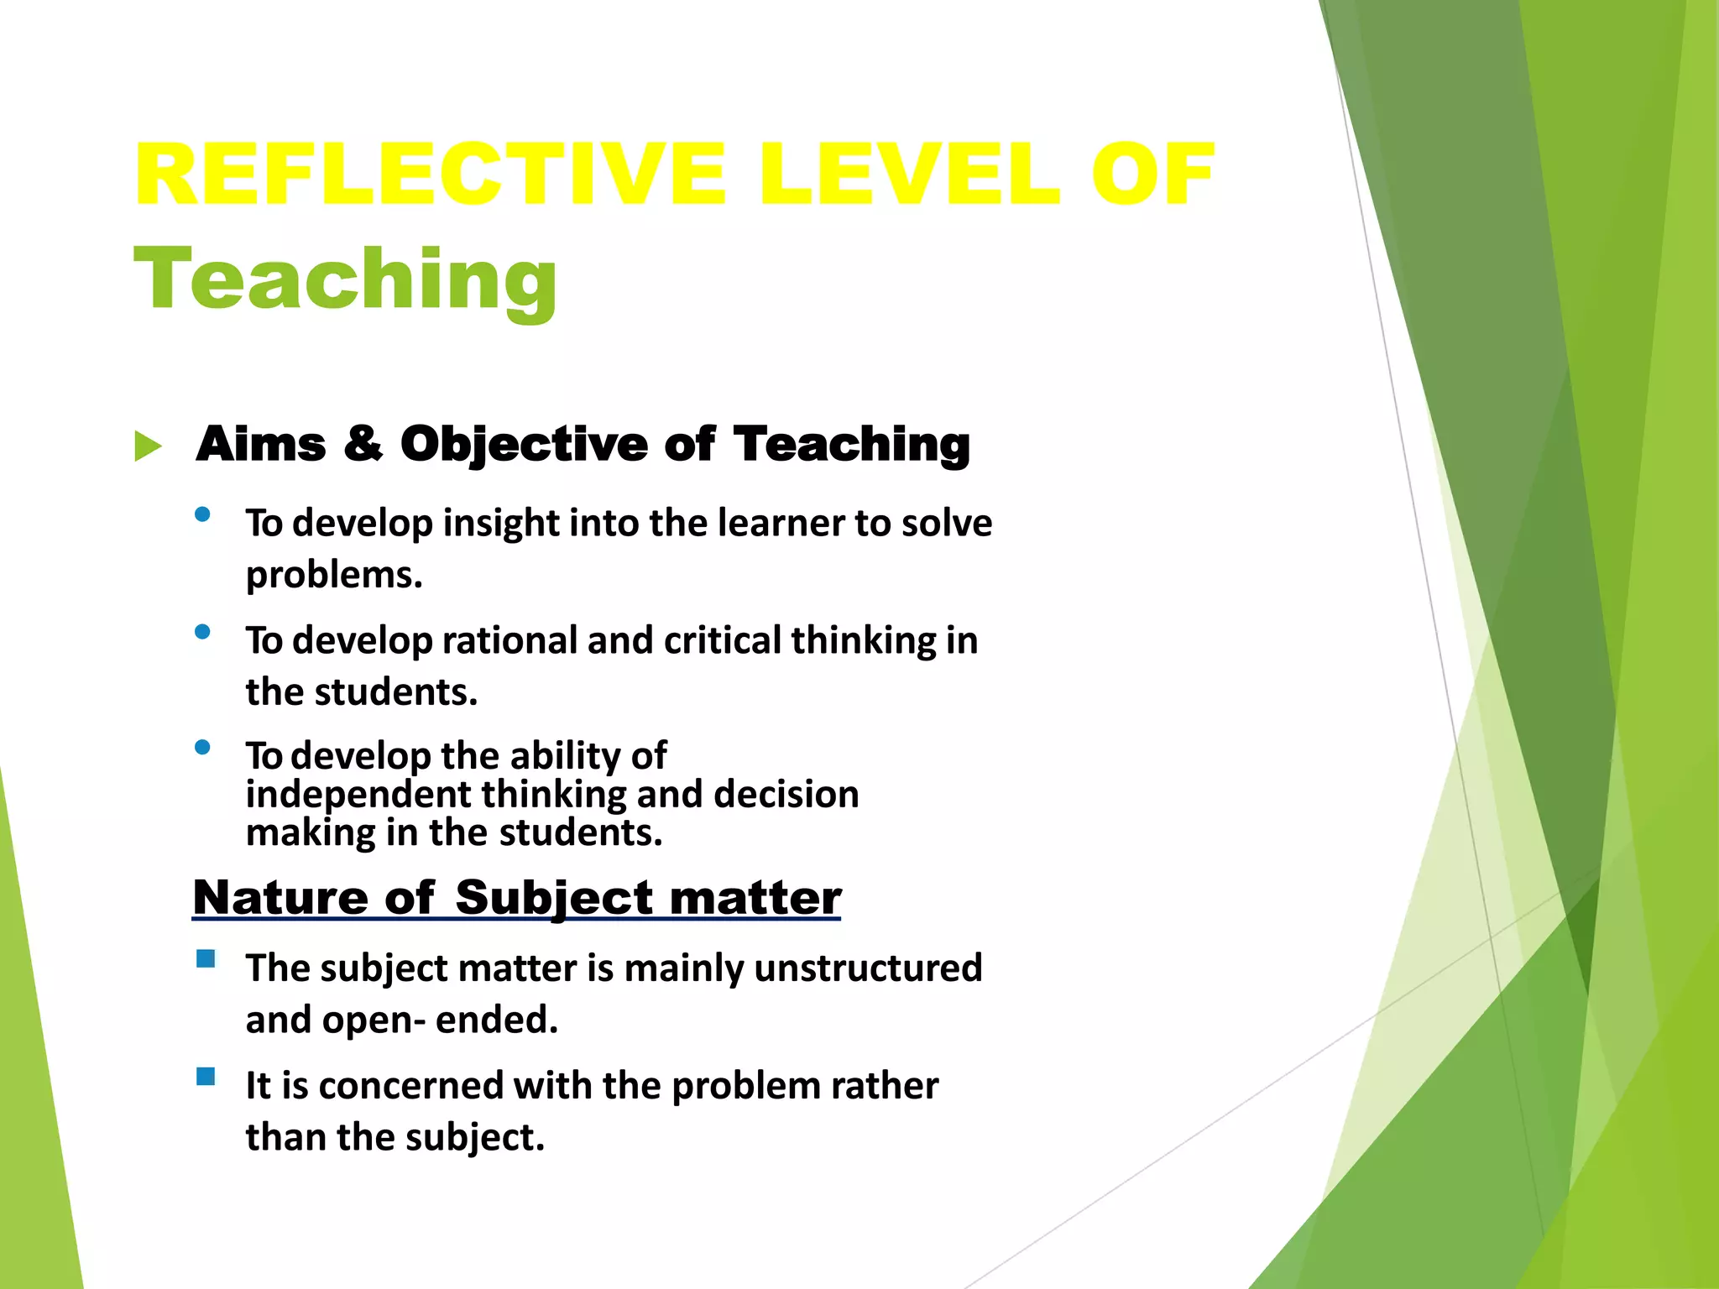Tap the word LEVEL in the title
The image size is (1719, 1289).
coord(910,175)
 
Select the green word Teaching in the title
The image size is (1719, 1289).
coord(345,280)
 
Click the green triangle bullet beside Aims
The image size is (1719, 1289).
coord(148,446)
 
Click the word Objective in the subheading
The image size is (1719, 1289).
coord(524,445)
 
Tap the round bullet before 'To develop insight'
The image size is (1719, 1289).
coord(202,514)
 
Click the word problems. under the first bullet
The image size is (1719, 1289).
coord(334,576)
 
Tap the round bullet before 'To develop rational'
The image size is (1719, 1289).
coord(202,632)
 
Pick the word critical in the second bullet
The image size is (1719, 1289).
coord(723,641)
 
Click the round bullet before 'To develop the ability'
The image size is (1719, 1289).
coord(202,747)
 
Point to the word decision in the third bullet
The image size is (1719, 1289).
coord(786,795)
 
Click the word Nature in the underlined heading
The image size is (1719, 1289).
coord(280,898)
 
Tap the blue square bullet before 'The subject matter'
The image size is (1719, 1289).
coord(206,959)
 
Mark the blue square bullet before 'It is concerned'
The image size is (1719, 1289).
coord(206,1077)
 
